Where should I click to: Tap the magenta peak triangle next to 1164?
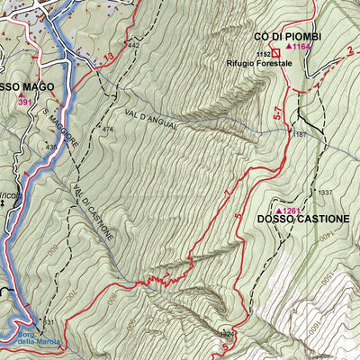coord(289,46)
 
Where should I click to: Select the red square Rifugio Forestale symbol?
coord(277,54)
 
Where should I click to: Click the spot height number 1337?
coord(325,192)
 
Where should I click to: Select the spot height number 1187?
coord(300,134)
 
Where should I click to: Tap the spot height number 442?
coord(134,44)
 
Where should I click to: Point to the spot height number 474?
coord(108,130)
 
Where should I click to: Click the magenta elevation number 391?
coord(25,102)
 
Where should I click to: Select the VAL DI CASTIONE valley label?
coord(93,211)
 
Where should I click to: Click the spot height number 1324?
coord(227,333)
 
